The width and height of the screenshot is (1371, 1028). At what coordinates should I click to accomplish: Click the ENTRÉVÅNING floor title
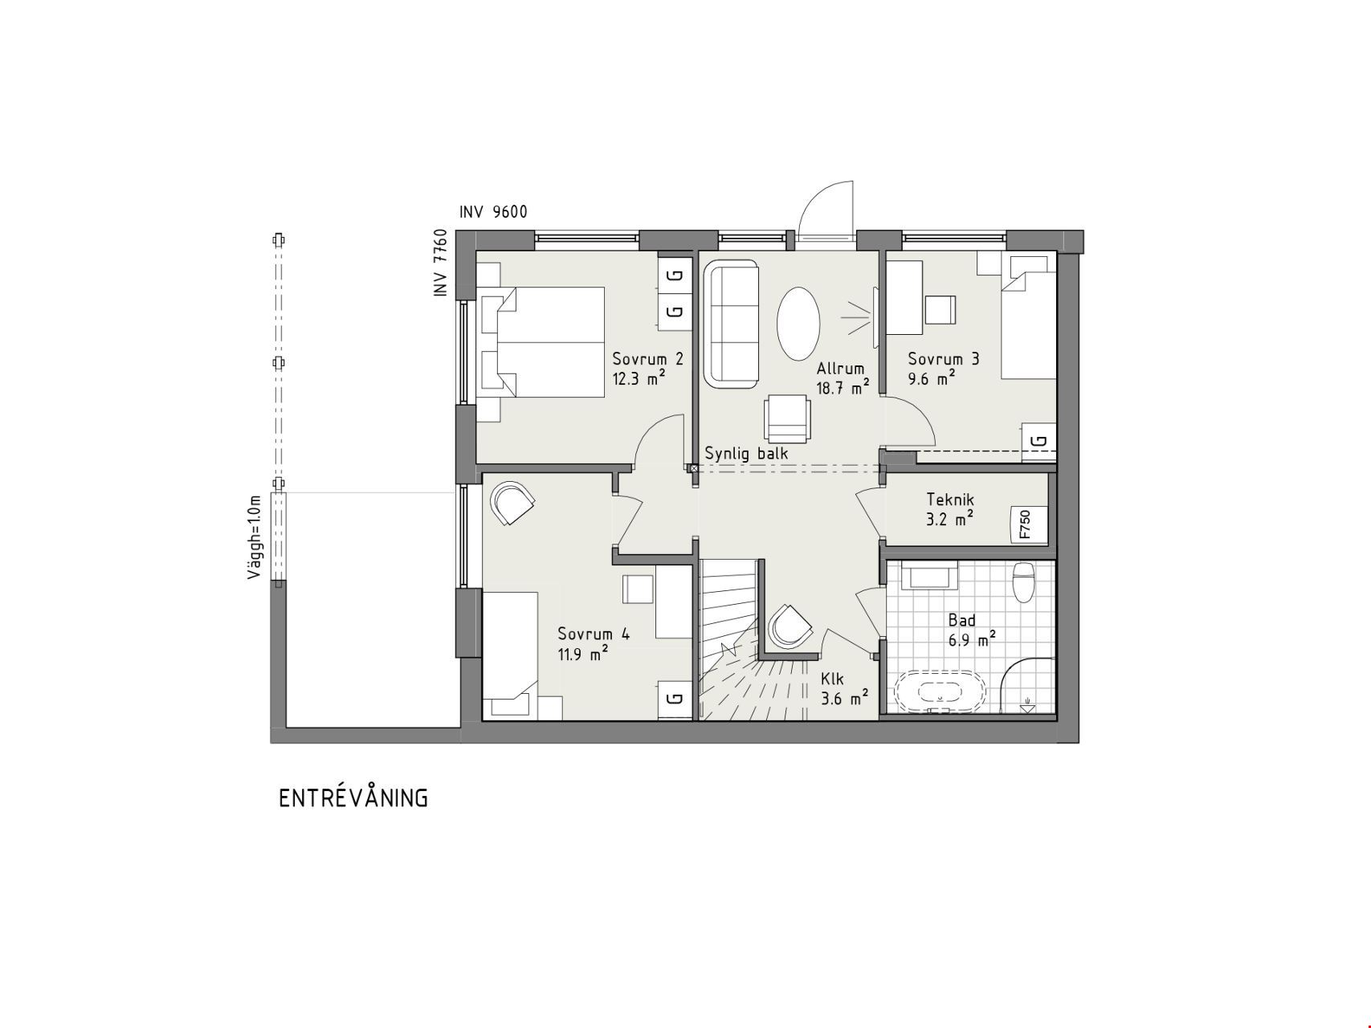tap(353, 798)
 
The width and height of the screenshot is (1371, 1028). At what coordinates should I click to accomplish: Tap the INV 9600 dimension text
tap(493, 212)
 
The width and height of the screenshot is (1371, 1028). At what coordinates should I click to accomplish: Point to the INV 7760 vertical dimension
tap(440, 263)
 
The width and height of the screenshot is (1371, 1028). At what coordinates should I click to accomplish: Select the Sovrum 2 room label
tap(648, 359)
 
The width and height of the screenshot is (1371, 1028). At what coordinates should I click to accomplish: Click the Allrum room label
tap(840, 369)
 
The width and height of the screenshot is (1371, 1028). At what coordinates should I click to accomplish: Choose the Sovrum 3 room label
tap(944, 359)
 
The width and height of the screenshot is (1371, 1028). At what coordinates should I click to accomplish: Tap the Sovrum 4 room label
tap(594, 634)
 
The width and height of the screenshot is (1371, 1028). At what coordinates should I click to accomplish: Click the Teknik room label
tap(950, 500)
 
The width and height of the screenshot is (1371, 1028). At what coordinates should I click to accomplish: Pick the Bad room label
tap(962, 620)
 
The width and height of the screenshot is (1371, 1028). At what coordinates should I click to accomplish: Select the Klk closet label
tap(832, 679)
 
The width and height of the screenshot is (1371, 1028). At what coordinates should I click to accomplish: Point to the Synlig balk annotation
tap(746, 453)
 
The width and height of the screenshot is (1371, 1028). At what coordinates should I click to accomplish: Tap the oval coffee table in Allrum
tap(798, 324)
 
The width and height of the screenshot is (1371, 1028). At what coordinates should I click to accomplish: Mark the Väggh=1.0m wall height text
tap(255, 537)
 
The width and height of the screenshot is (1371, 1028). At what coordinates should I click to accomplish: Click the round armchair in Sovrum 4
tap(511, 503)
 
